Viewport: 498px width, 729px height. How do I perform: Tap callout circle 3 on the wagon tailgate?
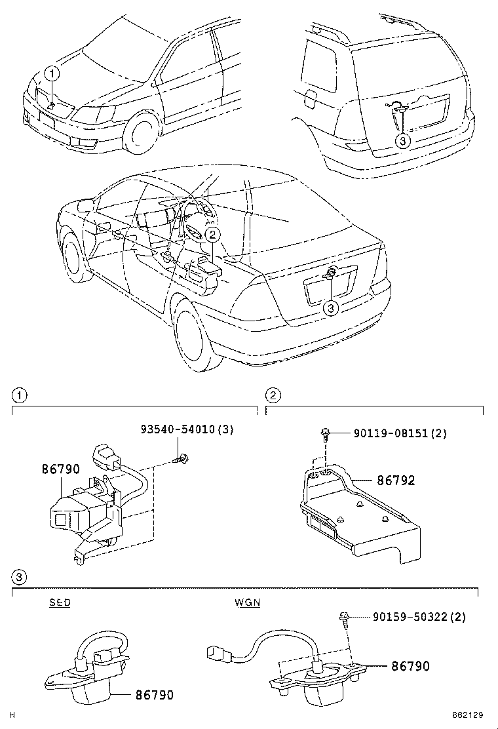[403, 140]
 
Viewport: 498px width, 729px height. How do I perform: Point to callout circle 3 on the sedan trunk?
[332, 306]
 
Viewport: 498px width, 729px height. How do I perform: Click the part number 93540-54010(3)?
[187, 430]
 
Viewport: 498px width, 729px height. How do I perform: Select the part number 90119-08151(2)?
[400, 433]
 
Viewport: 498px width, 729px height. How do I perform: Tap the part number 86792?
[395, 481]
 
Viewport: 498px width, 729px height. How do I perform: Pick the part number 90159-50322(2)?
[419, 617]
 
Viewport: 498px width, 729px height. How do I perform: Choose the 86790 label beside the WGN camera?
[410, 666]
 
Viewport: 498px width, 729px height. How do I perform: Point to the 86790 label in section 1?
[60, 469]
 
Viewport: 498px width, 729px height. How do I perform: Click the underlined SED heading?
[60, 602]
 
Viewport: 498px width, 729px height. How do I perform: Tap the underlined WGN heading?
[247, 602]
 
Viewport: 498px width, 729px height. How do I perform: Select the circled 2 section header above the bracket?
[273, 395]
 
